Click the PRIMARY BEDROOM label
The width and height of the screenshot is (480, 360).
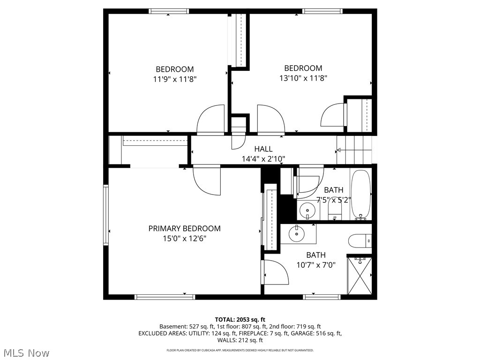point(184,228)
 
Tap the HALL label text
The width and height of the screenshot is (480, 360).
point(263,149)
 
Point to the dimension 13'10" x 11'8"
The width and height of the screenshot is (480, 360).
point(303,78)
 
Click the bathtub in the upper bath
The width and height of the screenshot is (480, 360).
point(360,195)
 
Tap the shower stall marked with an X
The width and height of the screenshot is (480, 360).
point(360,276)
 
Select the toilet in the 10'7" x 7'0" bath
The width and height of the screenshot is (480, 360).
point(360,241)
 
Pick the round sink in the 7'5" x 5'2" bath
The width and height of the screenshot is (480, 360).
point(307,210)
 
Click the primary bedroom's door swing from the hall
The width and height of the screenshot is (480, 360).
point(207,180)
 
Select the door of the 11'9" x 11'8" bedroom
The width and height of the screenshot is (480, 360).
point(210,120)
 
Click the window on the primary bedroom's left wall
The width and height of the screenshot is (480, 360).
point(106,215)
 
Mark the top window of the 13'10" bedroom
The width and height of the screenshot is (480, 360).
point(322,11)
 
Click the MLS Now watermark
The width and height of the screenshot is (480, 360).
point(25,352)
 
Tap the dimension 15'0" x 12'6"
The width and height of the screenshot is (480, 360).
point(184,238)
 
